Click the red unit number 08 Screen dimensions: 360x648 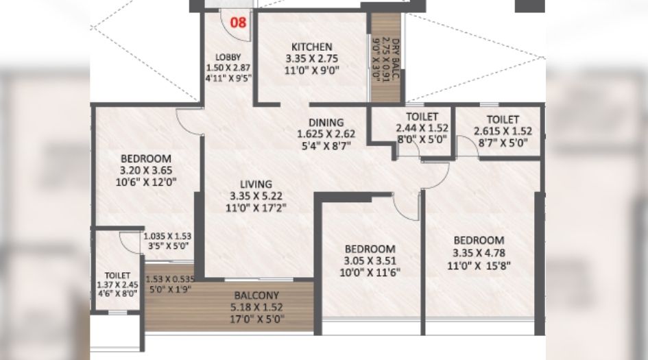pos(238,22)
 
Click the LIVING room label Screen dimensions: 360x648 pos(256,184)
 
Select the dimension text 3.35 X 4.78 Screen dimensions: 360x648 pos(479,252)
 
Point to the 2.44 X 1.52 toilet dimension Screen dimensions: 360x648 pos(422,128)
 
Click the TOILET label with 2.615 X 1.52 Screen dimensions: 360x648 pos(503,119)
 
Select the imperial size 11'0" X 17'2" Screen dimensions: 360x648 pos(256,206)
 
